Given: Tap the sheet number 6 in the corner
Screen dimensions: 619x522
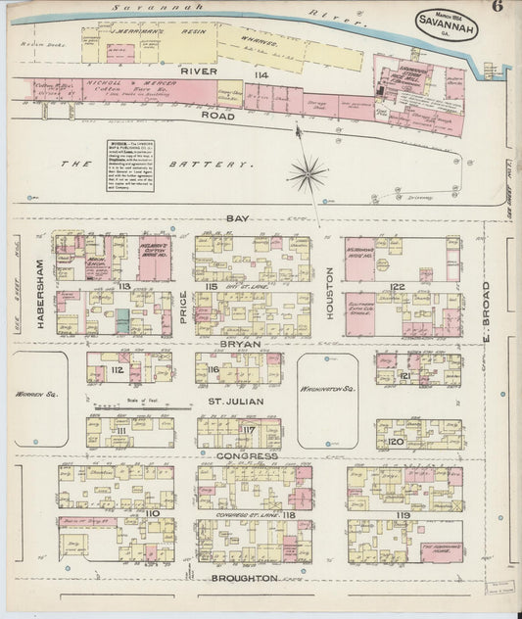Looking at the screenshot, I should click(x=498, y=10).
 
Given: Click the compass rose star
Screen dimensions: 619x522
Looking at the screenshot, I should click(x=308, y=174).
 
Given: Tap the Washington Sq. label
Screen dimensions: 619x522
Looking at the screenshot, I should click(x=327, y=389).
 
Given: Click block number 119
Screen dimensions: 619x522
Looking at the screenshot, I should click(x=403, y=513).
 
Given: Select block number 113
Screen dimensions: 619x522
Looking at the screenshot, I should click(x=125, y=286).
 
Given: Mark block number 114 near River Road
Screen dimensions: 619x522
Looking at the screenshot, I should click(x=261, y=75).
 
